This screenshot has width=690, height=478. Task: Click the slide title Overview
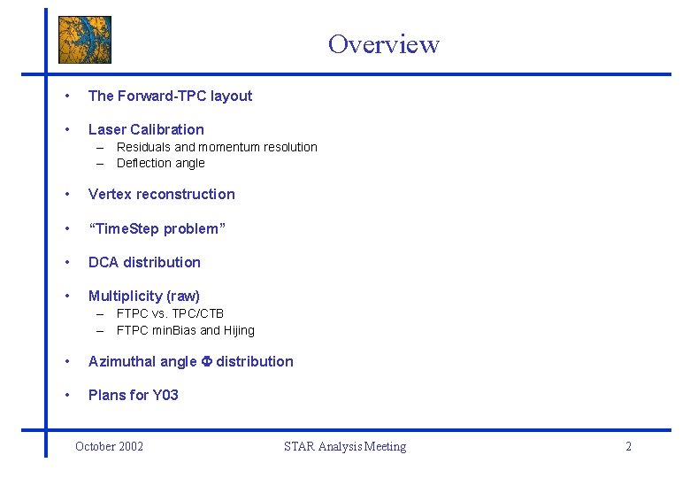pos(383,43)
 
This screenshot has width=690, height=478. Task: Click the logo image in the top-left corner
pos(85,40)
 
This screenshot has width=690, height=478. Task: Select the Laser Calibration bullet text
pos(146,129)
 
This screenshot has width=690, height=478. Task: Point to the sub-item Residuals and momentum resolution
pos(217,147)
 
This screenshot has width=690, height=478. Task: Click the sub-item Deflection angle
pos(160,163)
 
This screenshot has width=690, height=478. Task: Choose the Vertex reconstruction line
pos(162,195)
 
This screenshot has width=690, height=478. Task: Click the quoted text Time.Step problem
pos(157,229)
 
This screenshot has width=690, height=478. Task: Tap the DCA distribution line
pos(144,263)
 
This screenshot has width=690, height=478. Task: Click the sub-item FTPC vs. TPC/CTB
pos(170,313)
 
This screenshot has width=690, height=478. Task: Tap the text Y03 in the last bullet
pos(165,396)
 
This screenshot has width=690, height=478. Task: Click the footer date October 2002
pos(109,446)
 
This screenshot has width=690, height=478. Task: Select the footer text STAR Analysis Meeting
pos(345,446)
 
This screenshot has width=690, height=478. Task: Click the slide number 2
pos(628,446)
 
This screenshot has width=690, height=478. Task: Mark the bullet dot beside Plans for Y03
pos(67,396)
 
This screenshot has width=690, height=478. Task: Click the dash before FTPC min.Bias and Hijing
pos(102,330)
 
